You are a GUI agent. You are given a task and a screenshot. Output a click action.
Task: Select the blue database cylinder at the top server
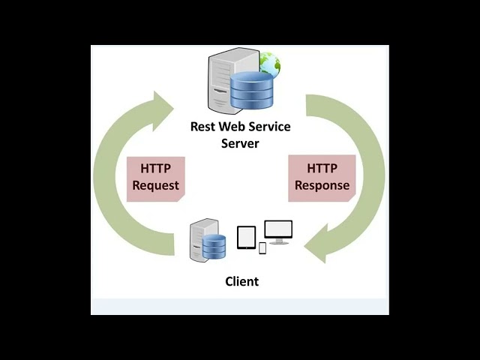coord(251,90)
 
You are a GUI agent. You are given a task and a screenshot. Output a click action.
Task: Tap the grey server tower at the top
coord(223,79)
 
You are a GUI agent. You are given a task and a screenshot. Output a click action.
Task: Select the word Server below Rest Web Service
coord(240,143)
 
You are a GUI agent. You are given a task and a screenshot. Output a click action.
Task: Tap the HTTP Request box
coord(155,177)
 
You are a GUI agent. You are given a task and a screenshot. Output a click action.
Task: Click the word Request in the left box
coord(155,185)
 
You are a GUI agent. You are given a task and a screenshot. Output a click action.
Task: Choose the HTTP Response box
coord(322,177)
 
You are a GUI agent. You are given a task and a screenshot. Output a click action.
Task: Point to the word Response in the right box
coord(322,185)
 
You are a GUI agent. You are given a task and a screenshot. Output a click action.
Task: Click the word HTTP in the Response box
coord(322,169)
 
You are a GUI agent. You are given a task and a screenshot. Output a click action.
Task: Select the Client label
coord(241,282)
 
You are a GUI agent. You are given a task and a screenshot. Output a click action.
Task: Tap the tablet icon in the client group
coord(246,237)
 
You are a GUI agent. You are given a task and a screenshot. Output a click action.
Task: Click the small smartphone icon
coord(262,247)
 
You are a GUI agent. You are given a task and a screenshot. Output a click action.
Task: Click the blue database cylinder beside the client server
coord(214,247)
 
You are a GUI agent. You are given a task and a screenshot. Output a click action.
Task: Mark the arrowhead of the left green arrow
coord(163,110)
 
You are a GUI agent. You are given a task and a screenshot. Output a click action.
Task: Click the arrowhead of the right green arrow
coord(316,248)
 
